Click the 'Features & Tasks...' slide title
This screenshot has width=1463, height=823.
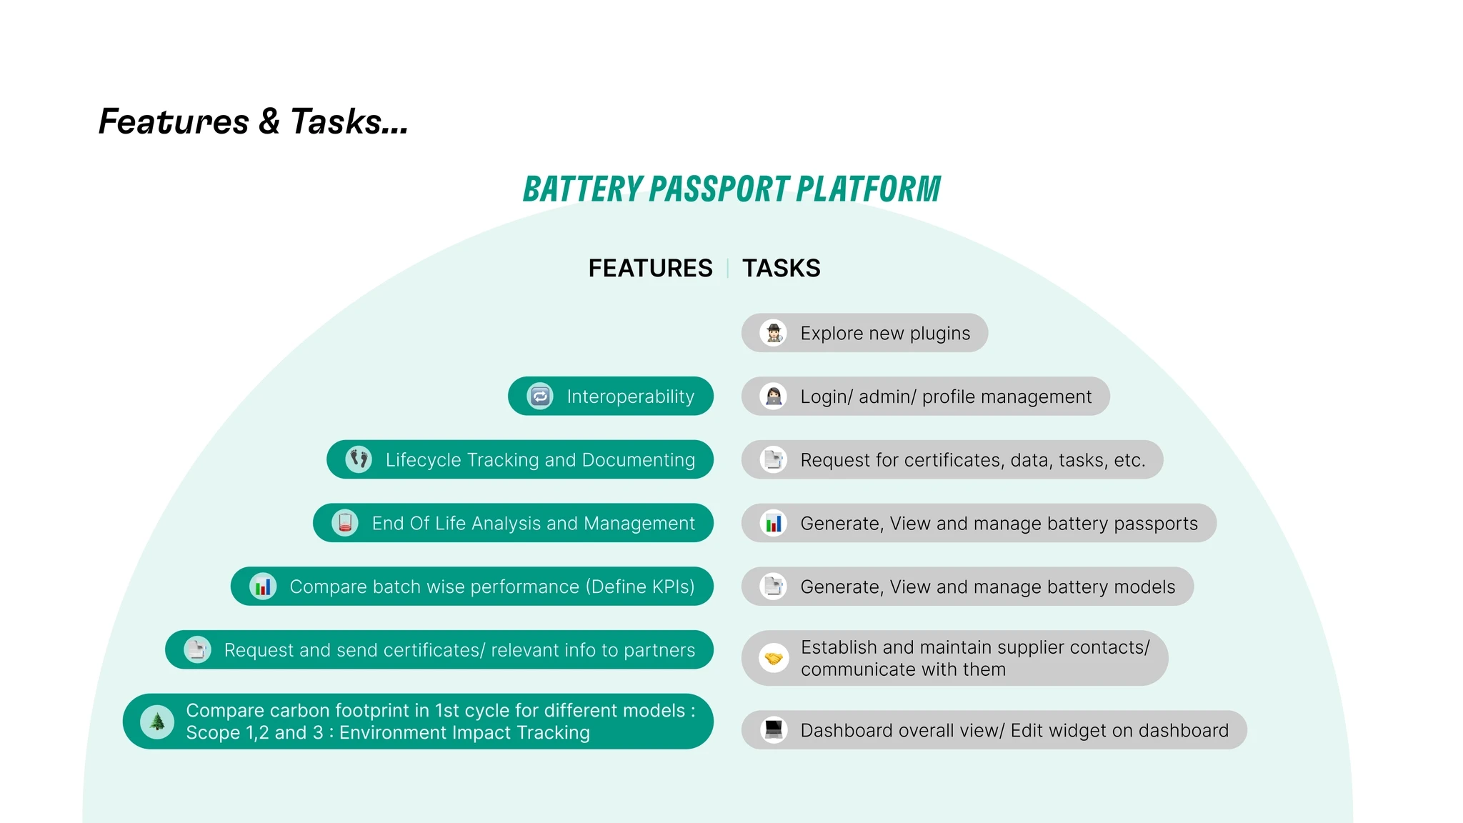[253, 121]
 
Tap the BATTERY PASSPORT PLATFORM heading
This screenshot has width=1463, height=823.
[731, 189]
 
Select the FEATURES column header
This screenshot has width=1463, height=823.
[650, 269]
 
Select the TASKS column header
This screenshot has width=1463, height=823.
[781, 269]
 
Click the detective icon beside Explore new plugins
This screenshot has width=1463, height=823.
[773, 333]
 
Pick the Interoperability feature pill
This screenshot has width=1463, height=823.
[611, 396]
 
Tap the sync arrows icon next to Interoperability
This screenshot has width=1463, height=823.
[540, 396]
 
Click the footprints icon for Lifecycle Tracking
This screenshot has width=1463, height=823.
[359, 459]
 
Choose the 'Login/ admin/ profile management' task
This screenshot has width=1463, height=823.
[925, 396]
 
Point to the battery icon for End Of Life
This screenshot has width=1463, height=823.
[345, 523]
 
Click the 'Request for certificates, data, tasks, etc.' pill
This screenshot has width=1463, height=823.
[952, 459]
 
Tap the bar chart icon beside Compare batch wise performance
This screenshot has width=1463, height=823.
[263, 587]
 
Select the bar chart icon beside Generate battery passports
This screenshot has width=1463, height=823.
[773, 523]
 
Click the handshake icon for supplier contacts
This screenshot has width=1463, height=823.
[773, 658]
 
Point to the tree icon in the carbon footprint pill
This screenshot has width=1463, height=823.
[157, 722]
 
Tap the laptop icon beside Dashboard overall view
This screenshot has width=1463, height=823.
[773, 729]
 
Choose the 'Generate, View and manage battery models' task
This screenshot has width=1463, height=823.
[967, 587]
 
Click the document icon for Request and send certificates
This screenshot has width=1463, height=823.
[197, 649]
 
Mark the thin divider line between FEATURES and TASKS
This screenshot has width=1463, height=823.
[727, 269]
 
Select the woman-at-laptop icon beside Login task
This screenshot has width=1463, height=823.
[773, 396]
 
